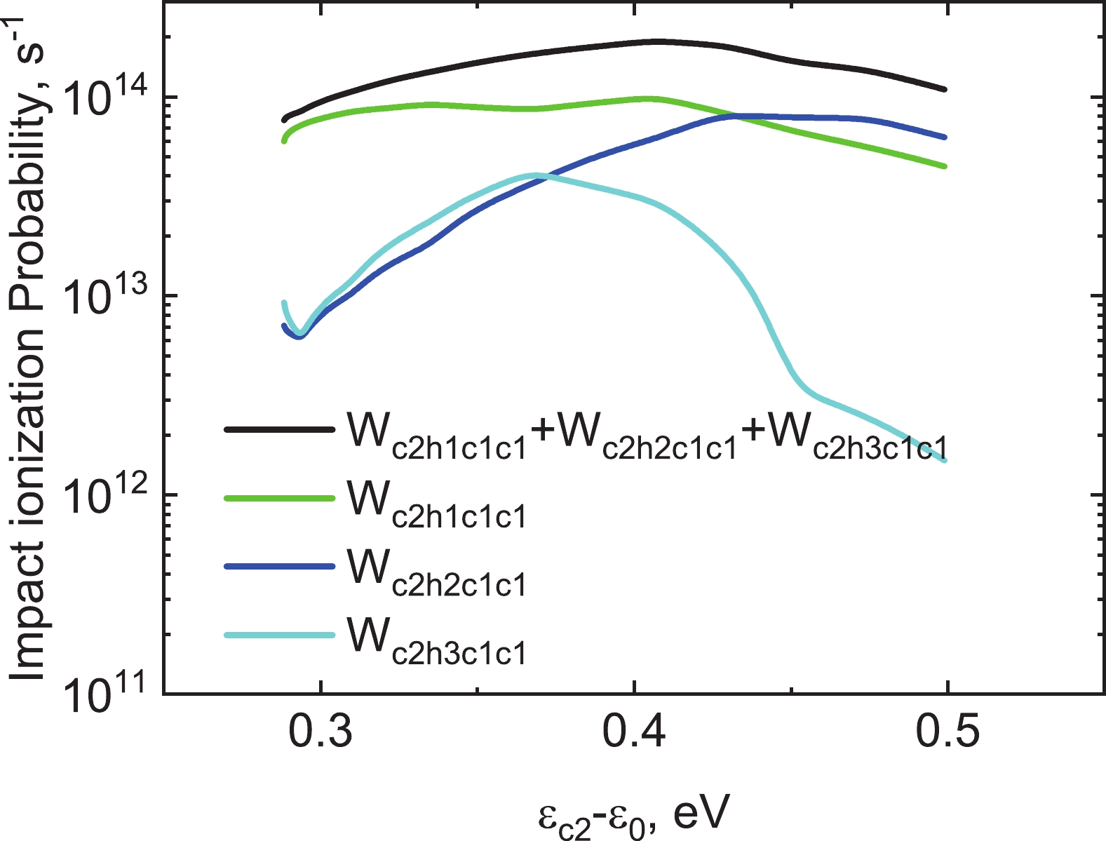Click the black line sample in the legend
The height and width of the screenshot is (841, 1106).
click(278, 429)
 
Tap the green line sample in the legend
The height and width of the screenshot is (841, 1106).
click(278, 498)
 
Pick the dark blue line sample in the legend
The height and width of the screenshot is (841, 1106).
click(278, 567)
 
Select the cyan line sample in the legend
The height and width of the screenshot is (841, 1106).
click(278, 635)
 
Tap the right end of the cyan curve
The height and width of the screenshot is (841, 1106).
click(945, 461)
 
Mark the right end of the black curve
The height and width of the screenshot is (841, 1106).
click(945, 90)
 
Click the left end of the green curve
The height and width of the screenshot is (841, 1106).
click(284, 141)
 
